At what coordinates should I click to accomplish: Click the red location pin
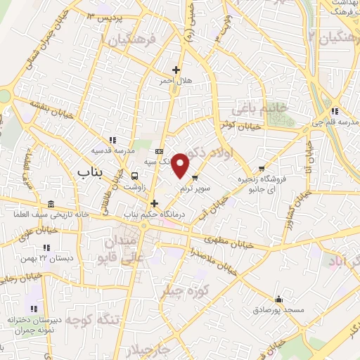[x=181, y=165]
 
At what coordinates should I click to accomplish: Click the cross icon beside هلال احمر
[x=176, y=70]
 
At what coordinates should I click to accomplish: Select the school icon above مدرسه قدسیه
[x=112, y=140]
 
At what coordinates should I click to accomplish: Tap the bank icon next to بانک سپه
[x=159, y=150]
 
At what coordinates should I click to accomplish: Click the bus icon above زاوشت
[x=134, y=176]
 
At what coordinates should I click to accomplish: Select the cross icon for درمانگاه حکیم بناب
[x=153, y=203]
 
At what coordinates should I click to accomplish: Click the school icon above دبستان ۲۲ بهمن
[x=46, y=247]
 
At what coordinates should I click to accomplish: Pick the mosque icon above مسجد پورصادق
[x=279, y=298]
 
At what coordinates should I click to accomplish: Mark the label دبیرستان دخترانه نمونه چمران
[x=35, y=325]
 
